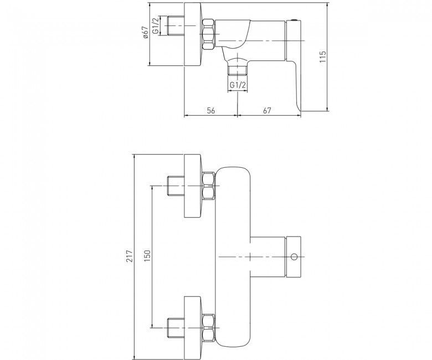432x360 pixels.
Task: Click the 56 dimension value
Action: click(x=211, y=110)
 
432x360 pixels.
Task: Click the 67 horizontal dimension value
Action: click(x=267, y=110)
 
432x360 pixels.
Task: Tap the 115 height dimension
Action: click(x=323, y=56)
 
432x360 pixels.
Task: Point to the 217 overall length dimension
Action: click(x=130, y=256)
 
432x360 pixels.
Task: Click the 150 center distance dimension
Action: click(x=147, y=256)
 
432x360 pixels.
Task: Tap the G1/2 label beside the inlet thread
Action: click(x=156, y=25)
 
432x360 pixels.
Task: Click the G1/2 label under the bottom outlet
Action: click(x=238, y=85)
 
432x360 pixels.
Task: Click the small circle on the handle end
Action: click(x=294, y=257)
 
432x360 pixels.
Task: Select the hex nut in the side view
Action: click(x=208, y=34)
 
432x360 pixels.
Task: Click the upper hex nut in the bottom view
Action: click(x=209, y=186)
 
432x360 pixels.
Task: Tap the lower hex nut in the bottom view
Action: click(x=209, y=328)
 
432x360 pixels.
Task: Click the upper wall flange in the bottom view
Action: click(x=193, y=186)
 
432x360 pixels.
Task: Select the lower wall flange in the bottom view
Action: click(x=193, y=328)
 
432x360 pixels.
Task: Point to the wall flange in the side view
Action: click(x=193, y=34)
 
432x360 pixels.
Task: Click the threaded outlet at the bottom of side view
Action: click(x=238, y=70)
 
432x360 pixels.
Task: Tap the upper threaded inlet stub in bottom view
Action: click(x=176, y=186)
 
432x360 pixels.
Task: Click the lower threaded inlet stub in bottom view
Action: click(x=176, y=328)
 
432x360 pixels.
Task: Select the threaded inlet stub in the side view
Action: click(x=176, y=25)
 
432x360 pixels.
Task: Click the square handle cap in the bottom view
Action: click(x=294, y=257)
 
